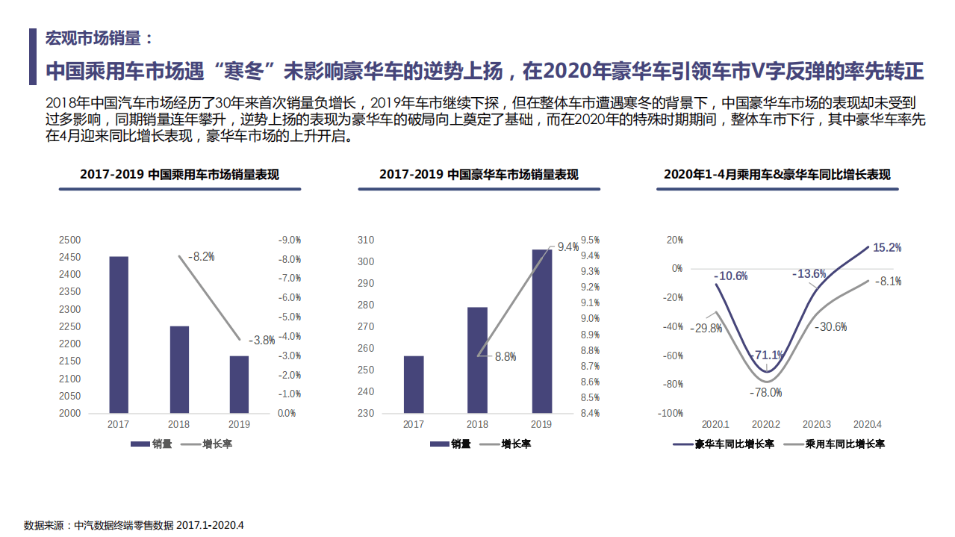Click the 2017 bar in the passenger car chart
(118, 335)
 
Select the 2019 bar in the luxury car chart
(542, 331)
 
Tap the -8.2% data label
(201, 256)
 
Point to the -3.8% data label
(261, 340)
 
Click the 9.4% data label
(568, 247)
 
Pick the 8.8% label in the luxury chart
(506, 357)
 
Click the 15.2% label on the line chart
(886, 247)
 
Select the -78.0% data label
(766, 392)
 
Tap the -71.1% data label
(768, 355)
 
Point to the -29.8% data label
(706, 328)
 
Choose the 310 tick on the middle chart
(365, 240)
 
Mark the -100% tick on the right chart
(670, 413)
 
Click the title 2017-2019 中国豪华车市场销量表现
(479, 175)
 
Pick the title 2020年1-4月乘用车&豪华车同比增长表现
(777, 175)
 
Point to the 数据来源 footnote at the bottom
(134, 525)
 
